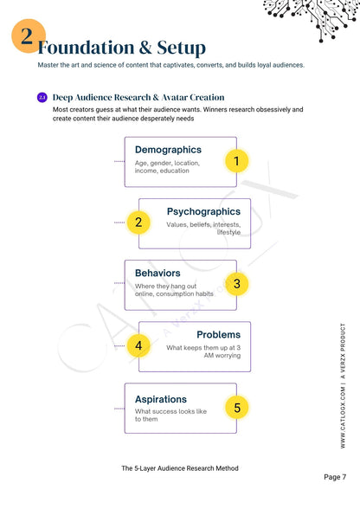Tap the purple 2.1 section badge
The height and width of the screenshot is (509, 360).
pos(42,98)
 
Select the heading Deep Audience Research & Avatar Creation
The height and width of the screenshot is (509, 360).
pos(138,98)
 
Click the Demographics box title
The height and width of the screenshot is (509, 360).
pos(168,150)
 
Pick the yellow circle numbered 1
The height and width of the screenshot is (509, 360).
pos(236,160)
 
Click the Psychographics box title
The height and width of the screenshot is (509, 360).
pos(203,211)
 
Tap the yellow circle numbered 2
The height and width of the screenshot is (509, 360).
pos(138,222)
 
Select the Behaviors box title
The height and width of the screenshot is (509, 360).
pos(157,274)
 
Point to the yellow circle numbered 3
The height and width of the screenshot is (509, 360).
pos(236,283)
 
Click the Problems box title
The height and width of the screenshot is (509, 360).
pos(218,334)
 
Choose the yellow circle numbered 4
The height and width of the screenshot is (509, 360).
pos(138,345)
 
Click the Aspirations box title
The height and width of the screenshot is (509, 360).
pos(161,399)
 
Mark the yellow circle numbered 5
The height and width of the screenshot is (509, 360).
pos(236,407)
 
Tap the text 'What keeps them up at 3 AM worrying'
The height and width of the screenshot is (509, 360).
pos(203,351)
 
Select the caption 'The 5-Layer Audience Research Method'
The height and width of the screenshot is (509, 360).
pos(180,468)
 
